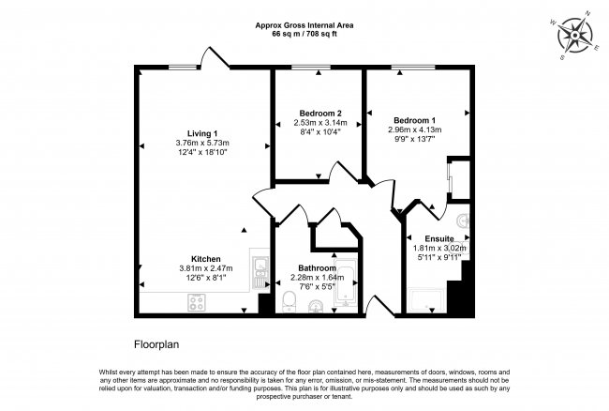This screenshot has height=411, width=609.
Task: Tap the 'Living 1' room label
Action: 201,132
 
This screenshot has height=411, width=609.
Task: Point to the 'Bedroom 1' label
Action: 414,120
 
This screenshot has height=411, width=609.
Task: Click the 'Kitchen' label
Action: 206,258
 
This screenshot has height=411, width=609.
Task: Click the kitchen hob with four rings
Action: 198,302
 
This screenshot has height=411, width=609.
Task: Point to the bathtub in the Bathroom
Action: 345,282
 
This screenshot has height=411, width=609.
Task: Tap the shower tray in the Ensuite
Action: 428,299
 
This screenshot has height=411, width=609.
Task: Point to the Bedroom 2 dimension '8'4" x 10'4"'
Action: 319,131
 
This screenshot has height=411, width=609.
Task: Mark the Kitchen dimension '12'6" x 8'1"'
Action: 206,277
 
